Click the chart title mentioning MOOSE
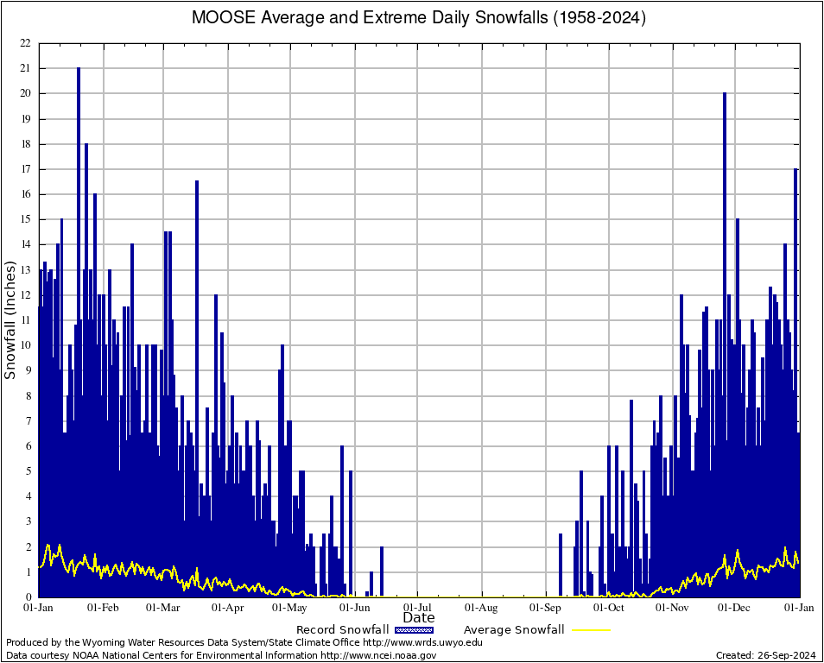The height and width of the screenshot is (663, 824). pos(419,17)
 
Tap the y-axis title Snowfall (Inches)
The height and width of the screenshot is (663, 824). pos(10,319)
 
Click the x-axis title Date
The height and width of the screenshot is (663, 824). pos(419,617)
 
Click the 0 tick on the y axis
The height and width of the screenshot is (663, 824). pos(28,597)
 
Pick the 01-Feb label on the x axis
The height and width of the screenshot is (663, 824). pos(103,608)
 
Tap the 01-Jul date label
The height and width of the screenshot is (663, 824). pos(418,608)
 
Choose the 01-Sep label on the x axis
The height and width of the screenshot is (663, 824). pos(546,608)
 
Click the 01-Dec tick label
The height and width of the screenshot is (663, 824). pos(735,608)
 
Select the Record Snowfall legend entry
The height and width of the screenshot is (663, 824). pos(342,630)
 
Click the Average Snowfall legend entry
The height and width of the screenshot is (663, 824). pos(514,630)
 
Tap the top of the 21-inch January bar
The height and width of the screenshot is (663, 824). pos(79,69)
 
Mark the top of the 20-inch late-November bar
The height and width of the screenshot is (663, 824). pos(725,94)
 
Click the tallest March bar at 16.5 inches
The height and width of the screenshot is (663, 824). pos(197,182)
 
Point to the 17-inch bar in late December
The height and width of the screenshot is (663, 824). pos(795,170)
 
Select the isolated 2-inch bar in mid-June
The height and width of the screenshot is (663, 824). pos(382,548)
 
